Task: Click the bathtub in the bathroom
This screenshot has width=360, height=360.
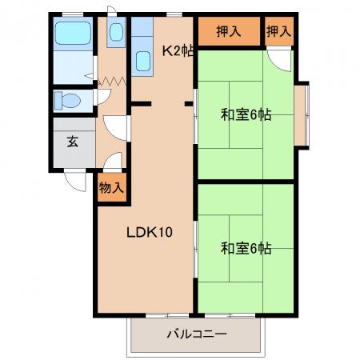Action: click(73, 33)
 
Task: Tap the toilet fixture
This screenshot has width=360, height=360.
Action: click(68, 101)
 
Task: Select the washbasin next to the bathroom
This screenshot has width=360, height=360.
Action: click(116, 32)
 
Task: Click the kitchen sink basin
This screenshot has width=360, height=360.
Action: click(143, 61)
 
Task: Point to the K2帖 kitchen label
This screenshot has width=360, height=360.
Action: click(178, 50)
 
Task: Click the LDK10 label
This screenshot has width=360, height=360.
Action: click(150, 232)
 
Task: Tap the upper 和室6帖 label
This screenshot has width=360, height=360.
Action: click(246, 115)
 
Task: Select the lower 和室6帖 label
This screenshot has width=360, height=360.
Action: click(246, 248)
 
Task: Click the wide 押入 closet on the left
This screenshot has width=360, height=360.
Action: click(229, 31)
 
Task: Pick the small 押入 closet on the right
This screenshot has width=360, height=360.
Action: click(279, 31)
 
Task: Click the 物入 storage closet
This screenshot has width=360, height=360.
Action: click(112, 188)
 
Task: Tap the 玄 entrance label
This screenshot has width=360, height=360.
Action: click(73, 142)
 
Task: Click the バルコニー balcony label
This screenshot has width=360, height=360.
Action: click(197, 334)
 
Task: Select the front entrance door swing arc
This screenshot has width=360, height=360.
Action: click(76, 182)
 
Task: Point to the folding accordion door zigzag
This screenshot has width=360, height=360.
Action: click(112, 81)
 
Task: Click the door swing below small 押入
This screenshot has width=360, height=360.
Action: click(278, 60)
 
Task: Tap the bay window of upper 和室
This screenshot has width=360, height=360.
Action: click(302, 114)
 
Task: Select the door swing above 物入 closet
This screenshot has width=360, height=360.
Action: click(113, 161)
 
